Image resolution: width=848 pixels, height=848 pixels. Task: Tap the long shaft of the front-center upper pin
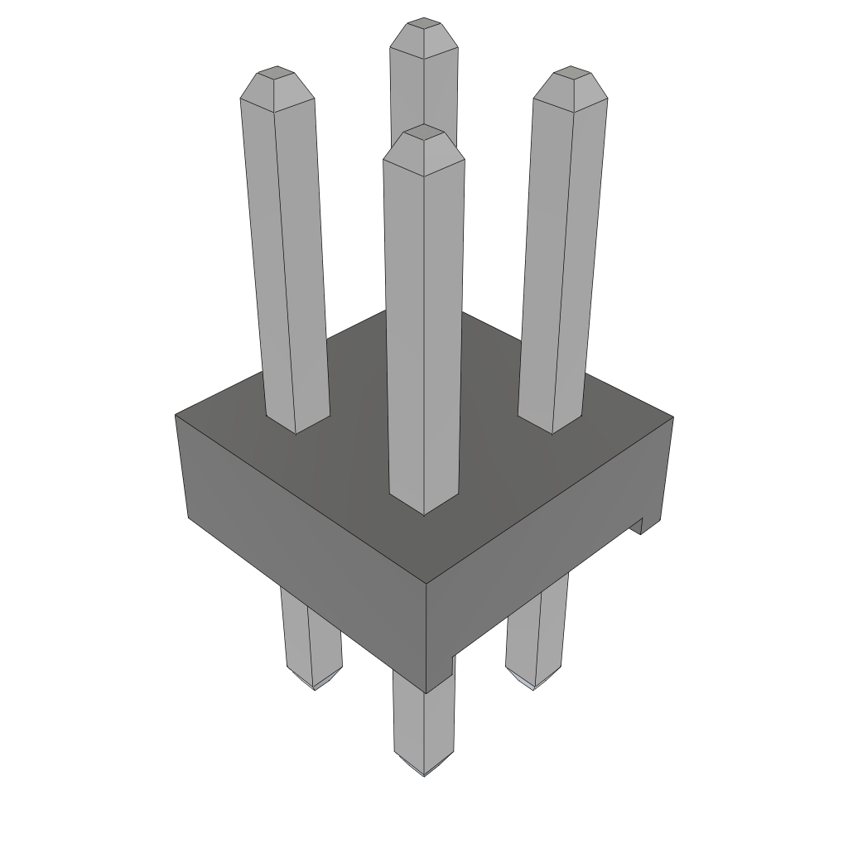[423, 331]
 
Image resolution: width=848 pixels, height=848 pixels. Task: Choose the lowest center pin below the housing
[423, 720]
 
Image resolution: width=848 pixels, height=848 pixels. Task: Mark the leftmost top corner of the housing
[177, 415]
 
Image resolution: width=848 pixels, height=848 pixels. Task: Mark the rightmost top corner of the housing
[672, 417]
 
